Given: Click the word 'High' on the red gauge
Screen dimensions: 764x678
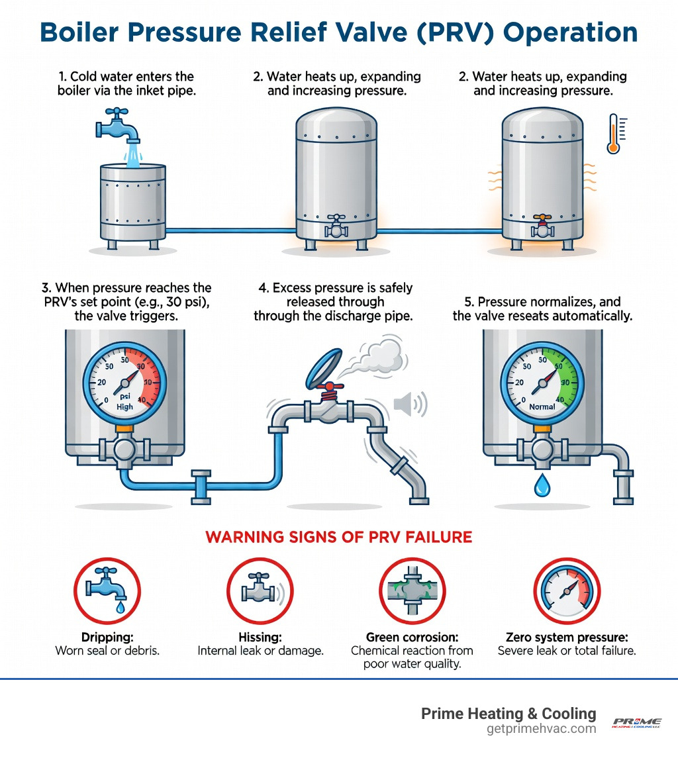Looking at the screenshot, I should point(124,406).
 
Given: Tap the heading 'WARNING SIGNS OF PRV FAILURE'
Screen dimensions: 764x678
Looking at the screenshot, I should point(339,536).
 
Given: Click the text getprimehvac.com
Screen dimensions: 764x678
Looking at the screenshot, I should point(541,728).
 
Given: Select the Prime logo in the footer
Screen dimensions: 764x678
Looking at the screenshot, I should point(636,722).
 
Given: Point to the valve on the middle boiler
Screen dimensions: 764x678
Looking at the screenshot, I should point(336,225).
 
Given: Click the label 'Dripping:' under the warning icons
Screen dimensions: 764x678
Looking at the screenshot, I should point(107,637).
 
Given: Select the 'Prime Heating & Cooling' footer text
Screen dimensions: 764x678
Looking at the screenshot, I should point(508,714).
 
